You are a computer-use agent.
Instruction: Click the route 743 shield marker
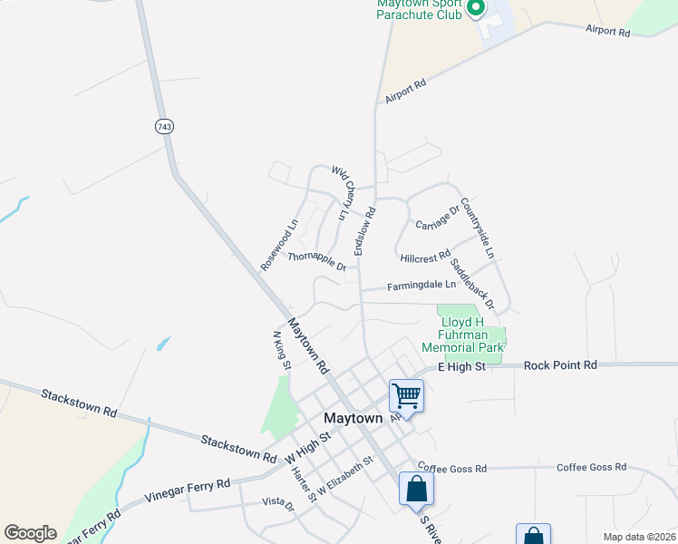tap(163, 127)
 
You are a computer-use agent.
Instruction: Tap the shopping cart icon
tap(406, 395)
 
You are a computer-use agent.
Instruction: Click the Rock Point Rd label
tap(560, 364)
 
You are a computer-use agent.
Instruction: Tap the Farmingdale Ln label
tap(421, 286)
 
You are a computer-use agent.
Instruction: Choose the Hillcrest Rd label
tap(425, 258)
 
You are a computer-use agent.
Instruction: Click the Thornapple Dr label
tap(317, 260)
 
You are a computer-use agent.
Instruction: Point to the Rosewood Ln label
tap(279, 245)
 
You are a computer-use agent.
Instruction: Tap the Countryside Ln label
tap(477, 228)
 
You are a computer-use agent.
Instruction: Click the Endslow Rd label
tap(364, 229)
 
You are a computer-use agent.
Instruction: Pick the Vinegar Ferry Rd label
tap(188, 491)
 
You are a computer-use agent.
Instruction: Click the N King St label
tap(281, 350)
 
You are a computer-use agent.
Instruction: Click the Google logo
tap(30, 533)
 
